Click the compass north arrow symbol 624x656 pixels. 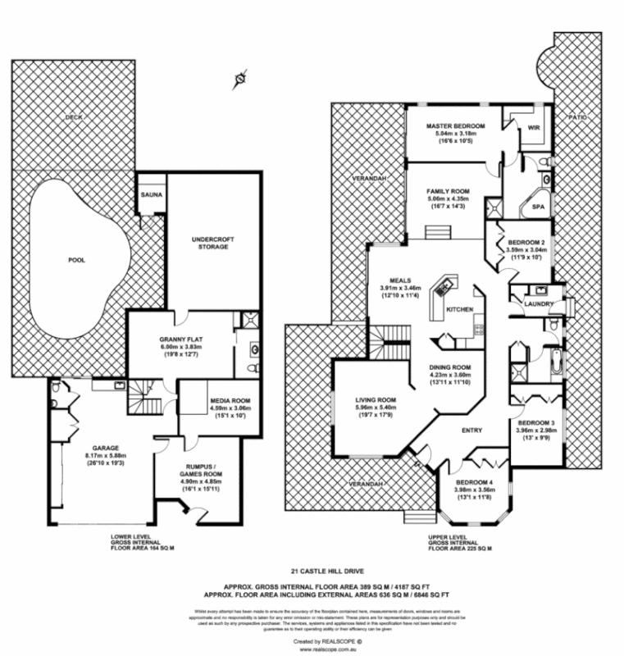[x=239, y=79]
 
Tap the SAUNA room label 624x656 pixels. [x=149, y=195]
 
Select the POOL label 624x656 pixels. [x=75, y=260]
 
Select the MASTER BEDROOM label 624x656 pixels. [x=456, y=126]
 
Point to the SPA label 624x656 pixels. [x=539, y=208]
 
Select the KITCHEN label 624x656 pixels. [x=459, y=309]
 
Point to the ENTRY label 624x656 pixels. [x=471, y=430]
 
